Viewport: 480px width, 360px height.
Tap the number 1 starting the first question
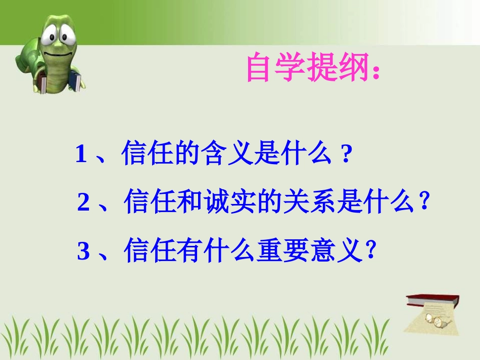[x=81, y=154]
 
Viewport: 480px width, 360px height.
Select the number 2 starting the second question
[x=83, y=203]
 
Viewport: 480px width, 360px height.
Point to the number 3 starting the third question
[x=83, y=251]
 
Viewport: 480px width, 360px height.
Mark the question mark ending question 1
[x=346, y=154]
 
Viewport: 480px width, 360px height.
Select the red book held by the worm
[x=44, y=84]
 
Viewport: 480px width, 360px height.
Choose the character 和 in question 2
[x=193, y=203]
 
